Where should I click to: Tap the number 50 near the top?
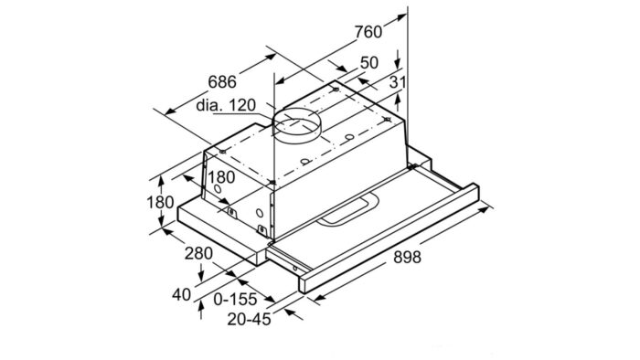pyautogui.click(x=368, y=63)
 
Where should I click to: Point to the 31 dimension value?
pyautogui.click(x=396, y=83)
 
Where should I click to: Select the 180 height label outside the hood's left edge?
pyautogui.click(x=160, y=202)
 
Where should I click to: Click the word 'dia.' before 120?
pyautogui.click(x=208, y=106)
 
